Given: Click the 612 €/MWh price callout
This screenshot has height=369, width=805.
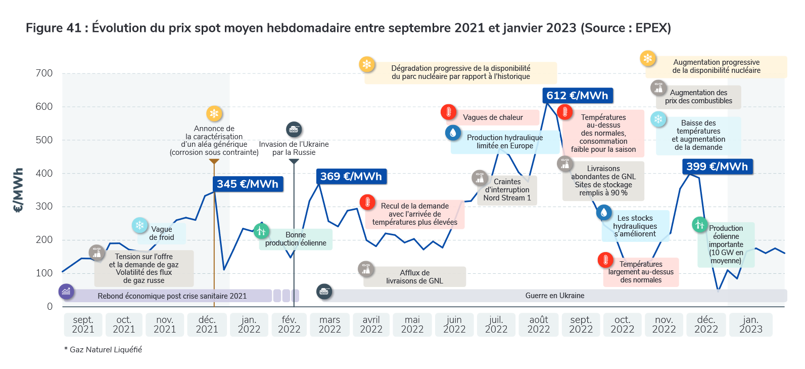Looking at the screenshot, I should tap(577, 95).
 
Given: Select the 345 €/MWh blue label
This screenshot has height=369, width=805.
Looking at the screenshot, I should tap(248, 184).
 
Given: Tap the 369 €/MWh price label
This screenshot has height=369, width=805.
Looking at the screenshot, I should tap(351, 176).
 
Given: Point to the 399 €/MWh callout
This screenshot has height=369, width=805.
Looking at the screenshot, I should tap(717, 167).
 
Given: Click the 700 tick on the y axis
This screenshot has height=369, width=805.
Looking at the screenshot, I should tap(44, 73).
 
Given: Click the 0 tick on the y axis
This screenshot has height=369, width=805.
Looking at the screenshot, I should tap(50, 306).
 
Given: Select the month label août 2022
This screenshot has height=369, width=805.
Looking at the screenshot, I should tap(539, 324).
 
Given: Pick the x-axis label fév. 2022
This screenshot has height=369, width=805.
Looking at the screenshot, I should tap(289, 324).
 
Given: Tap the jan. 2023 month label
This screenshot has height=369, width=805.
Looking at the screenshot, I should tap(750, 324).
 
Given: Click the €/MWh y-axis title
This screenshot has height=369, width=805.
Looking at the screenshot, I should tap(18, 190).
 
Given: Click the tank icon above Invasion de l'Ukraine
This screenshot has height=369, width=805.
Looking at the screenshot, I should tap(294, 130).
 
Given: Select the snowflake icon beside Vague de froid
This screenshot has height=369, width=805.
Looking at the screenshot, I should tap(140, 225).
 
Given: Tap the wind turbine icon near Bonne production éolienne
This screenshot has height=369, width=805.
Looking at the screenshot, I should tap(261, 231).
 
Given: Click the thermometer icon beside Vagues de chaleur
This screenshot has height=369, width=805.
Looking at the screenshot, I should tap(448, 112).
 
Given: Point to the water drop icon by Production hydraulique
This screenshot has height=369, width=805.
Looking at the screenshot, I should tap(453, 133).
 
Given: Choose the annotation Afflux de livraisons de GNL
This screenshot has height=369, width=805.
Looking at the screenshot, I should tap(414, 277).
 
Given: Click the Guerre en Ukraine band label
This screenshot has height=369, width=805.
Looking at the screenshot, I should tap(554, 296).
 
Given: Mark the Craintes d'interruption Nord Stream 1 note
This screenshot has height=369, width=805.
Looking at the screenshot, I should tap(507, 190).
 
